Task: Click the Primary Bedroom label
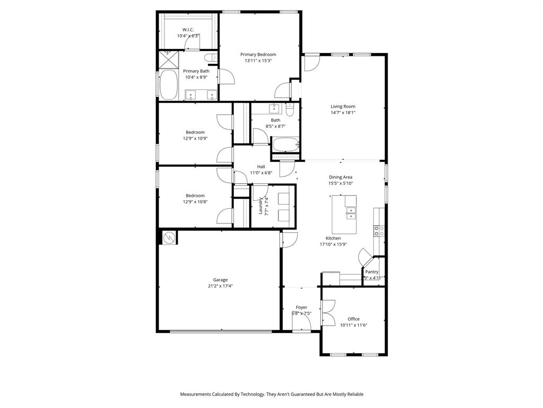click(x=258, y=54)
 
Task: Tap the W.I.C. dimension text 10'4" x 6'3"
click(x=188, y=36)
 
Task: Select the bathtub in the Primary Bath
click(x=169, y=85)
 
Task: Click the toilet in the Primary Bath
click(x=211, y=57)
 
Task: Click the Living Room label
click(x=343, y=106)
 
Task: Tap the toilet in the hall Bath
click(x=290, y=110)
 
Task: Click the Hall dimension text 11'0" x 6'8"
click(x=261, y=173)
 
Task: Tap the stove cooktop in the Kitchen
click(x=379, y=231)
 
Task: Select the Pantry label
click(x=372, y=271)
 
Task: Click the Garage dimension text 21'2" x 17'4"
click(x=220, y=286)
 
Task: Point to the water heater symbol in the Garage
click(x=169, y=237)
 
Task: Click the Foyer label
click(x=301, y=307)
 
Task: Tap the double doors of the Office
click(x=328, y=313)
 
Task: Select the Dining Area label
click(x=340, y=177)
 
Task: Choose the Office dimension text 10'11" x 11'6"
click(x=353, y=325)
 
